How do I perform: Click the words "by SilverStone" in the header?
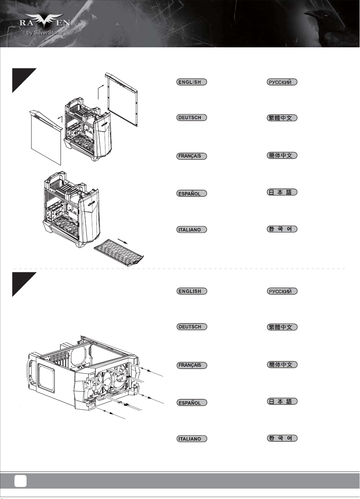45,33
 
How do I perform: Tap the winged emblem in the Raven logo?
44,20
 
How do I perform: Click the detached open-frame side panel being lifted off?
122,99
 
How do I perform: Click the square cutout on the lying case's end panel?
46,377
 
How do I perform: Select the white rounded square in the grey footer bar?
20,481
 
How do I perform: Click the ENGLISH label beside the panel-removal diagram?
192,82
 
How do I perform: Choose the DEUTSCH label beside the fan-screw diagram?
192,327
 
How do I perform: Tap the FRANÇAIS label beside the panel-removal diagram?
192,156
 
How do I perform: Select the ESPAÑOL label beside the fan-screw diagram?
192,403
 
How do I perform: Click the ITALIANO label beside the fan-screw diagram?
192,439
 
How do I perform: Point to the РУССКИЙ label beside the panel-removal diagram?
282,82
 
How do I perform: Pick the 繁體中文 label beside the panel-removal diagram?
282,118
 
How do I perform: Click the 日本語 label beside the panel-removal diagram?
282,192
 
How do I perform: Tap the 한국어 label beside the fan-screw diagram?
282,438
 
